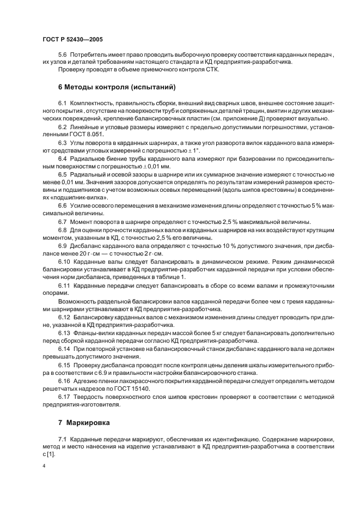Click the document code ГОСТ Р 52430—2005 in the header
[72, 40]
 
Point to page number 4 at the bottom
[44, 466]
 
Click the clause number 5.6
[63, 55]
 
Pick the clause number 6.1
[63, 104]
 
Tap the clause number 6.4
[63, 158]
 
